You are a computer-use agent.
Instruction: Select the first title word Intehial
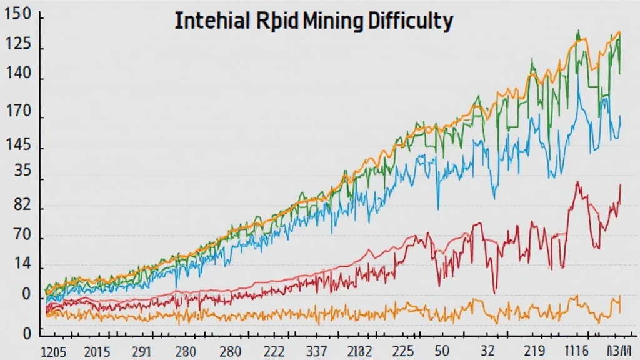point(211,21)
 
